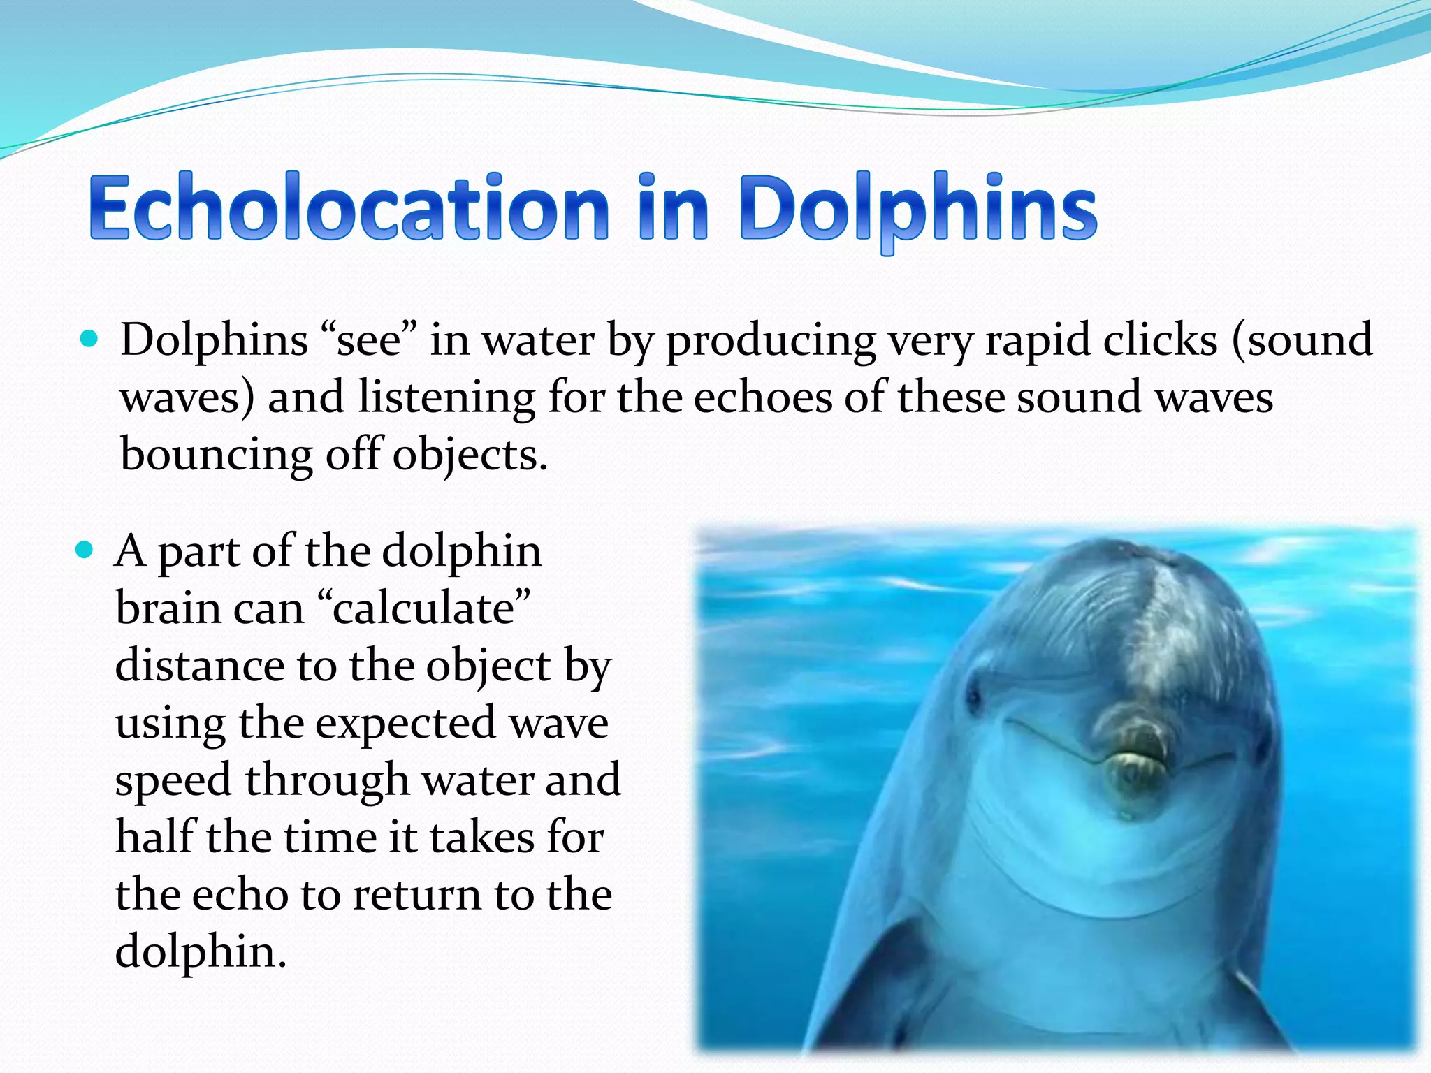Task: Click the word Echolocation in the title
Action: pyautogui.click(x=349, y=208)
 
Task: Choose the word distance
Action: pyautogui.click(x=200, y=665)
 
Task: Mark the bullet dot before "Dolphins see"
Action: pyautogui.click(x=89, y=340)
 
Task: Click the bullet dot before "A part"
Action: pyautogui.click(x=84, y=550)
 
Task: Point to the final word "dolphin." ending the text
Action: pyautogui.click(x=201, y=953)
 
